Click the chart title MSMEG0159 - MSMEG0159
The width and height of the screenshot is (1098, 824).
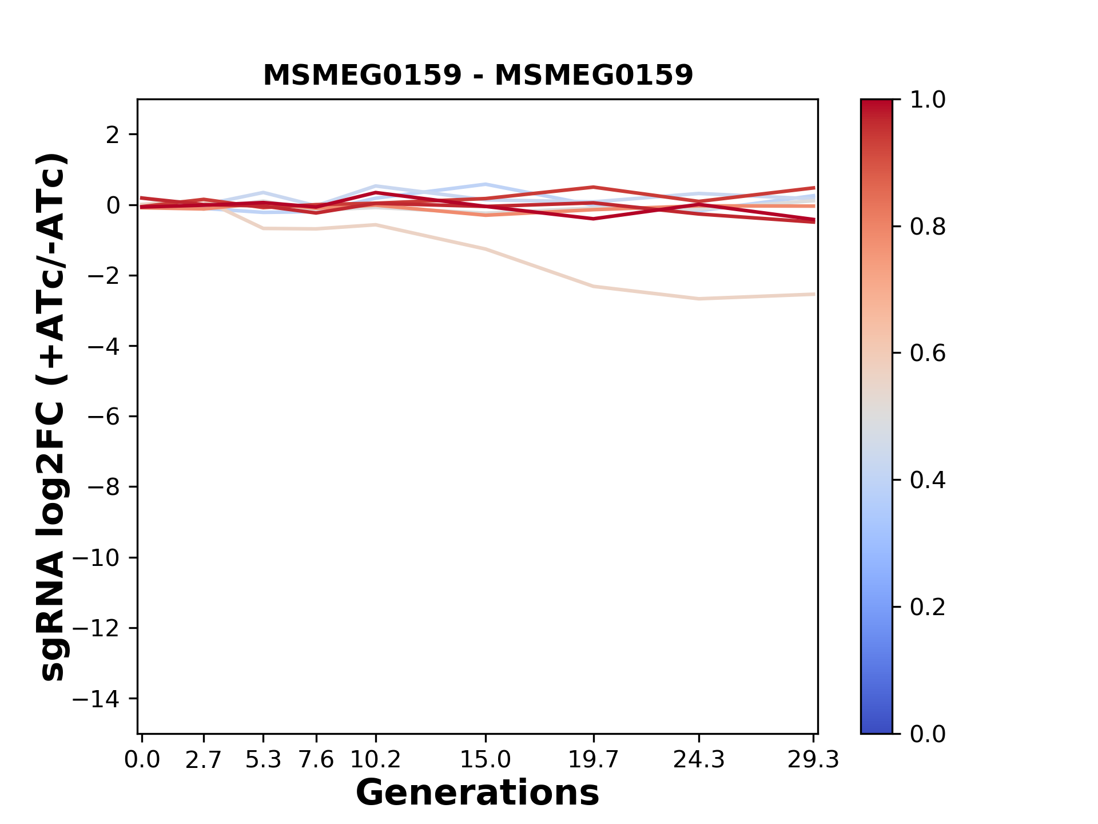click(478, 75)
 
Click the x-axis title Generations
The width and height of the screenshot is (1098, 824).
click(478, 793)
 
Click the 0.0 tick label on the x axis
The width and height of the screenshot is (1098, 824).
click(142, 760)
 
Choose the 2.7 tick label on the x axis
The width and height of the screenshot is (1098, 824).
click(204, 760)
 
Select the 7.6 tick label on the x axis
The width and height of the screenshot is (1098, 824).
click(316, 760)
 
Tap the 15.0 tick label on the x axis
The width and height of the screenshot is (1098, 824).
click(486, 760)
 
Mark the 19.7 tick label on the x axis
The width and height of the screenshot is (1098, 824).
click(594, 760)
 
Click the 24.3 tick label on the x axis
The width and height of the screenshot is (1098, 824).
click(699, 760)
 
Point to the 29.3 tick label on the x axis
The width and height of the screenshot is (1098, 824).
click(813, 760)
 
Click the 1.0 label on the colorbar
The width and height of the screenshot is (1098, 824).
click(928, 100)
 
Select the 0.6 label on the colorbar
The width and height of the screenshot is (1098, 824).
click(928, 354)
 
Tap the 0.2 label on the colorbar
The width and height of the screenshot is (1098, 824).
click(928, 607)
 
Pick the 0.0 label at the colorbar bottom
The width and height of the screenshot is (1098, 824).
click(928, 734)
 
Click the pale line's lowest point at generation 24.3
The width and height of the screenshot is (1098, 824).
click(699, 299)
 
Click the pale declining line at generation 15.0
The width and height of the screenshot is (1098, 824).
click(486, 249)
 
